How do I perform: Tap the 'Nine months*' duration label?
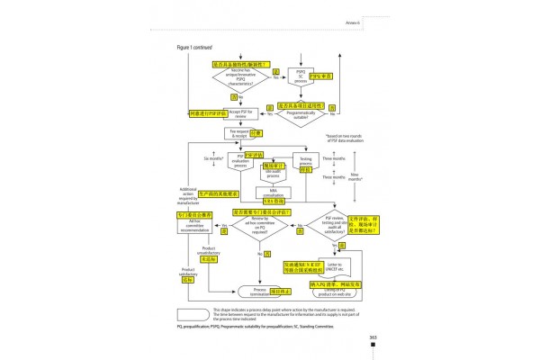pos(357,178)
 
